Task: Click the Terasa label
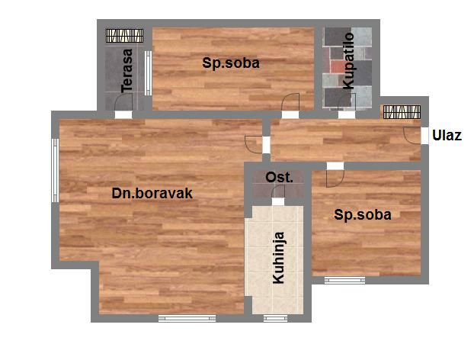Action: coord(127,70)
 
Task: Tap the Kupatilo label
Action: coord(348,61)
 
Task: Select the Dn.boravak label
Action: coord(152,193)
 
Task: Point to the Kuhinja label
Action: coord(278,258)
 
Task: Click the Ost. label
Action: coord(280,177)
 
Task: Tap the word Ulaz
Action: coord(447,135)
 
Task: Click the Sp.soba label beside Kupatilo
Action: coord(231,63)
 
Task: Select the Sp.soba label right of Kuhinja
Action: coord(363,215)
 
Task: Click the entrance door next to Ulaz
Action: coord(412,135)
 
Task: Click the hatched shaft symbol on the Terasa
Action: coord(124,35)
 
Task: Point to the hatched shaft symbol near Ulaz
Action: coord(402,112)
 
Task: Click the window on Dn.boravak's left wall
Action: coord(56,170)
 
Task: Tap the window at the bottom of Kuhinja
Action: coord(275,318)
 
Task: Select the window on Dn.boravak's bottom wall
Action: coord(187,318)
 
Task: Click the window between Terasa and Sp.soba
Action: coord(148,73)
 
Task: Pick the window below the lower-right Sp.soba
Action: coord(345,280)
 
